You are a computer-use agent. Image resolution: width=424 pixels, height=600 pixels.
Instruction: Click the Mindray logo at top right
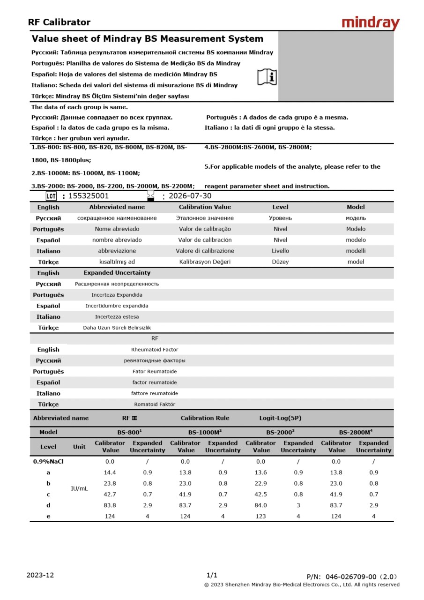coord(371,23)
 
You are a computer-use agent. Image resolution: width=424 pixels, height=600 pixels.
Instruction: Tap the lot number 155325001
coord(89,196)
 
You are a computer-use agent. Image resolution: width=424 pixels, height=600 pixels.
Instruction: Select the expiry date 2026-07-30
coord(190,196)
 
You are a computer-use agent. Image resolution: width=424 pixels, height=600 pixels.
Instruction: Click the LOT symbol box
coord(51,196)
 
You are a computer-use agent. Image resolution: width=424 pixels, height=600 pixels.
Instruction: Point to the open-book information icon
coord(267,77)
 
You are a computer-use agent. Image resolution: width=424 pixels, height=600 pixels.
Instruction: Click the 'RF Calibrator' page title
coord(59,22)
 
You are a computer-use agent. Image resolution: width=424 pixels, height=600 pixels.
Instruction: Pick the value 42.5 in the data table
coord(260,494)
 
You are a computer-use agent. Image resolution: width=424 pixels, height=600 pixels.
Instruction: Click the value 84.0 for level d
coord(260,505)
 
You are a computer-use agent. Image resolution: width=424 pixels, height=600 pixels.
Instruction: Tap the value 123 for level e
coord(260,516)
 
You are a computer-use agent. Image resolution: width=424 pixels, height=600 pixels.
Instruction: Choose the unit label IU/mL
coord(79,488)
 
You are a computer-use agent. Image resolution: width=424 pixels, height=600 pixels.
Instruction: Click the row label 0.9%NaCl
coord(48,461)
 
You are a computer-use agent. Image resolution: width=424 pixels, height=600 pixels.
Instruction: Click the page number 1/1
coord(212,575)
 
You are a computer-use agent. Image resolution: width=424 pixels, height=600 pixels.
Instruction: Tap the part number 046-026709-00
coord(351,577)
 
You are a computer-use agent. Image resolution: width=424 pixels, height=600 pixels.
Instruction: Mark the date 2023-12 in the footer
coord(40,575)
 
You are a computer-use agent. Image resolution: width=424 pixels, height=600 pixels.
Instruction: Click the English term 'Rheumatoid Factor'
coord(155,350)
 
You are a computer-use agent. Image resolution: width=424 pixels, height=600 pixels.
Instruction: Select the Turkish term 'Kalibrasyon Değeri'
coord(205,262)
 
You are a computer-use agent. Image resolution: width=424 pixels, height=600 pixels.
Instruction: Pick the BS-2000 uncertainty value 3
coord(298,505)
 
